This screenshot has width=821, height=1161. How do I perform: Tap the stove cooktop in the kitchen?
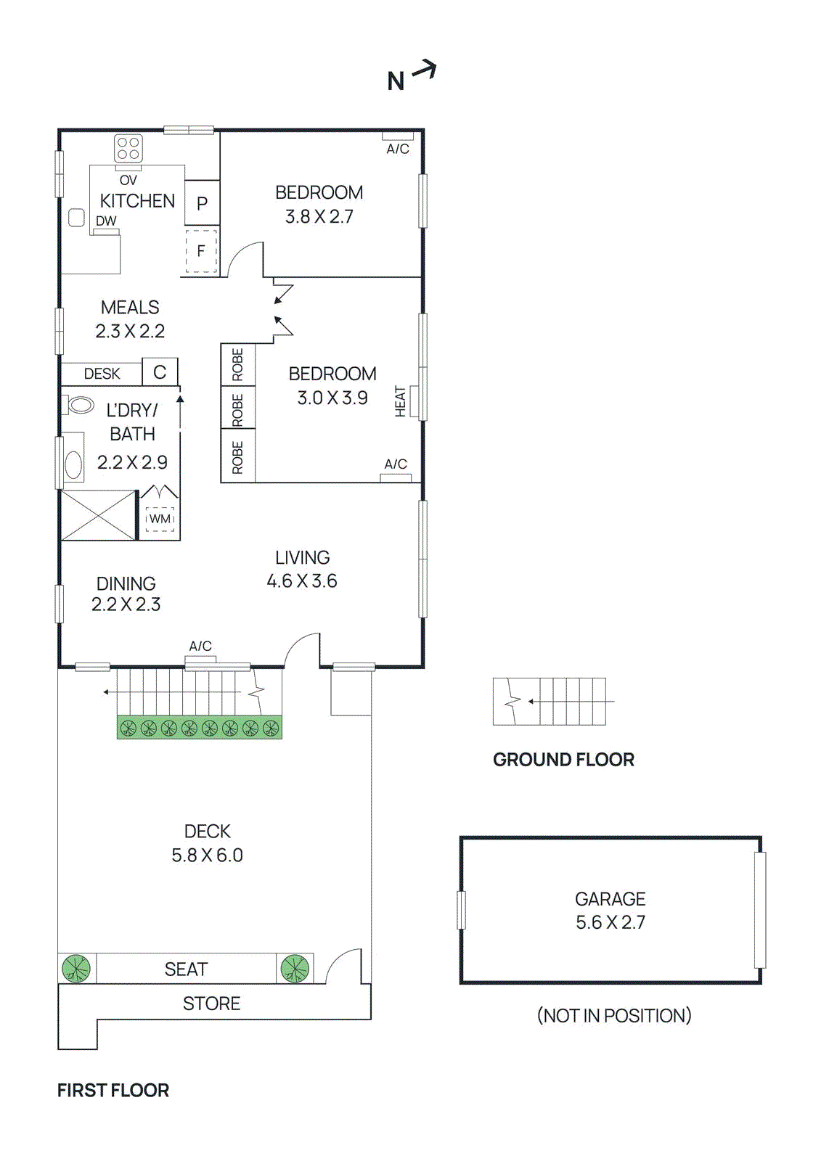[128, 149]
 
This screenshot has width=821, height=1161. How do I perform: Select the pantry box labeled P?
[202, 203]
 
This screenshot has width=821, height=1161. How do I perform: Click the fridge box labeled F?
[201, 251]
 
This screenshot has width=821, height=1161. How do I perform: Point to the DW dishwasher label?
[106, 221]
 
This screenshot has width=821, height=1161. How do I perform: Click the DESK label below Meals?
[102, 374]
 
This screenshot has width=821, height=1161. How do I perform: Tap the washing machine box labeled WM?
[160, 519]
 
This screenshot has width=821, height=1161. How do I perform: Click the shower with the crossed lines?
[98, 515]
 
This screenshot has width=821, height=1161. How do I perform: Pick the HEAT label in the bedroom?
[400, 401]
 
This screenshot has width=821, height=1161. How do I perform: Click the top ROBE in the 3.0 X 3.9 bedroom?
[237, 364]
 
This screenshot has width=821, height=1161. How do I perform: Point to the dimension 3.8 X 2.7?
[319, 217]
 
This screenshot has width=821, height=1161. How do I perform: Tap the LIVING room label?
[302, 557]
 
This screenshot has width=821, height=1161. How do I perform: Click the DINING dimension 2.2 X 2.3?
[126, 604]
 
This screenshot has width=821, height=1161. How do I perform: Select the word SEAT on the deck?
[186, 969]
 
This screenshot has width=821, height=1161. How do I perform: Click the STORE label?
[211, 1004]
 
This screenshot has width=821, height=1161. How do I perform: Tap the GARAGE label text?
[610, 899]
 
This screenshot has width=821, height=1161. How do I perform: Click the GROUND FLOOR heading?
[563, 760]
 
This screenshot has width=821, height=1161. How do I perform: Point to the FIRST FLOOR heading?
[113, 1091]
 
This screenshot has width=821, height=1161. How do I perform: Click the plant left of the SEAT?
[76, 969]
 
